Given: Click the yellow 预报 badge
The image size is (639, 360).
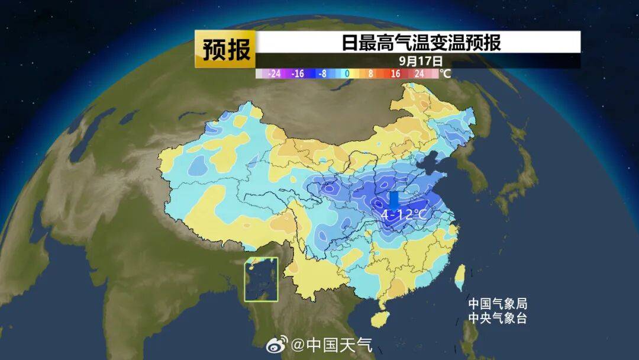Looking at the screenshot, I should pyautogui.click(x=225, y=49).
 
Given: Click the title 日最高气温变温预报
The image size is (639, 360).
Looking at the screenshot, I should pyautogui.click(x=421, y=43).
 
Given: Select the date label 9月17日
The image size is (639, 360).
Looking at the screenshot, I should pyautogui.click(x=421, y=60).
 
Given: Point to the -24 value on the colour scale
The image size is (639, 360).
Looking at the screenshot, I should pyautogui.click(x=274, y=74).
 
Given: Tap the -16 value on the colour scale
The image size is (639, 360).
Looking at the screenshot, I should pyautogui.click(x=298, y=74).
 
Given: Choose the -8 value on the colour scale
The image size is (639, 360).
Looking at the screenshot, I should pyautogui.click(x=322, y=74).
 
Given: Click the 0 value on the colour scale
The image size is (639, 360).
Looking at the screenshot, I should pyautogui.click(x=347, y=74).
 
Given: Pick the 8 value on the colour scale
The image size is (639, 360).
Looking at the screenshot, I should pyautogui.click(x=370, y=74).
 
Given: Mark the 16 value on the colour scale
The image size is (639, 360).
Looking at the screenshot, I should pyautogui.click(x=395, y=74).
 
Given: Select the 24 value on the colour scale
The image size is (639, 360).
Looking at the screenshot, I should pyautogui.click(x=419, y=74).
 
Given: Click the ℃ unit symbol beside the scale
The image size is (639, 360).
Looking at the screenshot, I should pyautogui.click(x=445, y=74).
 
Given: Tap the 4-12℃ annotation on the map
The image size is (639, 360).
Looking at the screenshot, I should pyautogui.click(x=404, y=214).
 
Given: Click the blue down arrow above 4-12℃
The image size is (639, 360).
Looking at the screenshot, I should pyautogui.click(x=394, y=200).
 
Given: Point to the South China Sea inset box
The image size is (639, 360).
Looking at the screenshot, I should pyautogui.click(x=261, y=279).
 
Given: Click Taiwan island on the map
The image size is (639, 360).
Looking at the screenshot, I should pyautogui.click(x=459, y=274).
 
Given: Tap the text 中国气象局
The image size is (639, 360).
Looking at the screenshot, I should pyautogui.click(x=497, y=304).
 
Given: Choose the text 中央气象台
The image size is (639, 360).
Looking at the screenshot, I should pyautogui.click(x=497, y=319).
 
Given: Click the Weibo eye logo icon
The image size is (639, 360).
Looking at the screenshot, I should pyautogui.click(x=276, y=344).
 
